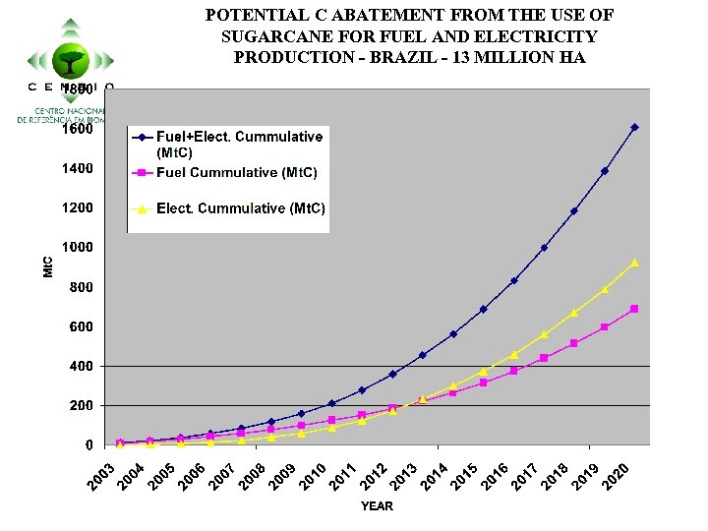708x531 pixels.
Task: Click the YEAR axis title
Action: pos(376,506)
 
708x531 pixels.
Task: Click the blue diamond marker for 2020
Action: pos(634,127)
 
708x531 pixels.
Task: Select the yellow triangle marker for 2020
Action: pos(634,263)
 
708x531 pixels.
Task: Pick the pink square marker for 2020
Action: pos(634,309)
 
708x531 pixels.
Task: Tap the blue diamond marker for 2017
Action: pos(544,248)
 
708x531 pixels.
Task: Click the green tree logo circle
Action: pos(70,61)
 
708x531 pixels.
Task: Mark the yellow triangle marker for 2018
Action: pos(574,313)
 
